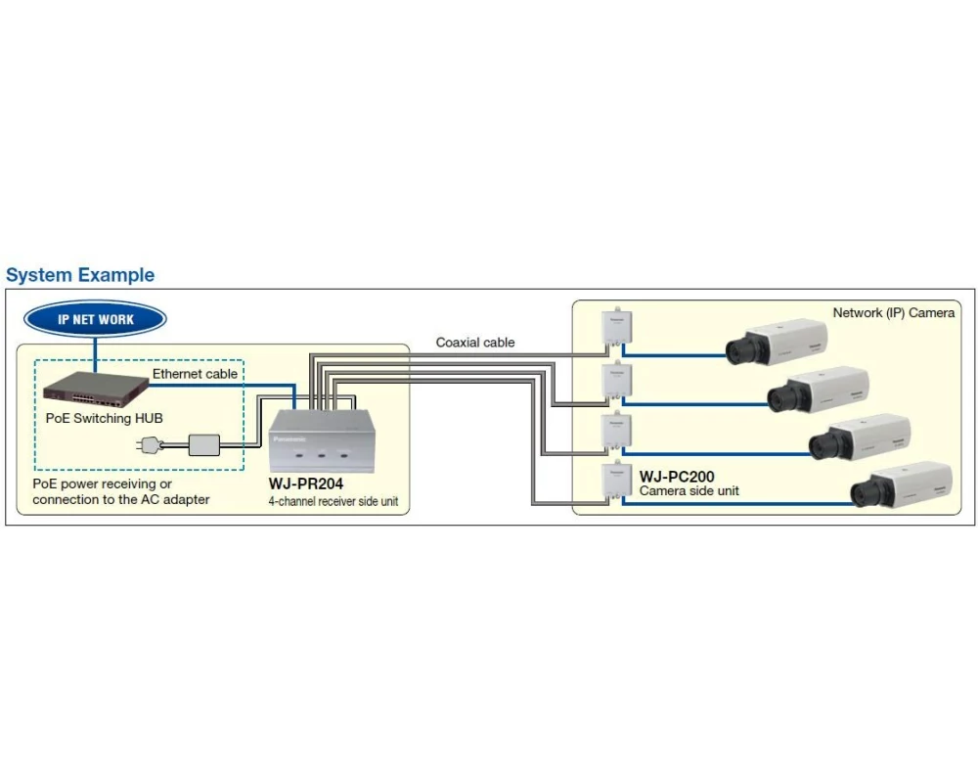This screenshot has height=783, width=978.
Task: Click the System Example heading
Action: pos(80,275)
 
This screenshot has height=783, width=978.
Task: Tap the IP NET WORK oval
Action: pos(95,319)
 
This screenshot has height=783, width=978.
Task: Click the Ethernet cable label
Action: pos(195,374)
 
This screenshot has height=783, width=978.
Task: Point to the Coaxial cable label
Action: pos(475,343)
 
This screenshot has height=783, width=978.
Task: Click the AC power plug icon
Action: pos(152,445)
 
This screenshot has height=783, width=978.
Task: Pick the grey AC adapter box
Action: pos(204,444)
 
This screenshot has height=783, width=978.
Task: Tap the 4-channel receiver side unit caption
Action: pos(333,501)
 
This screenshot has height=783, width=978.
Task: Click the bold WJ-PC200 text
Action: pos(677,477)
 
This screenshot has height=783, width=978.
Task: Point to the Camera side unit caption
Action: pos(689,491)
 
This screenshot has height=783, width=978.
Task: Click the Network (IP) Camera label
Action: pos(893,313)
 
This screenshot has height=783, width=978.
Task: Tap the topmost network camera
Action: pos(778,342)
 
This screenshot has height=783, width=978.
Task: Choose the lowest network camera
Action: pos(901,484)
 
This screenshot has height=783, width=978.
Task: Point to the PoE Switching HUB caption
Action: pos(105,418)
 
